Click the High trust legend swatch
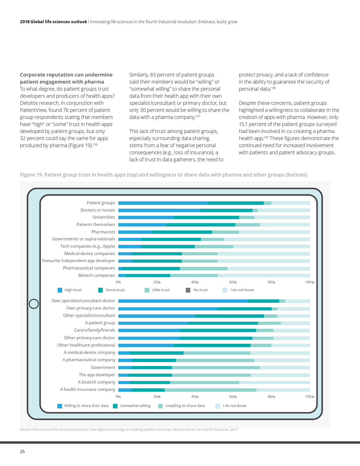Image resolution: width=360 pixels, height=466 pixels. click(60, 290)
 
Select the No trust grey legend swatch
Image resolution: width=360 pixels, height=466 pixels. click(188, 290)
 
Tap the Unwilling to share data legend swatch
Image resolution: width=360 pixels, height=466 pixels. click(160, 406)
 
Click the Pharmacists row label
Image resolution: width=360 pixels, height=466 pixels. click(103, 232)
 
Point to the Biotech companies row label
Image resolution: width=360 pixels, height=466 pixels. click(97, 275)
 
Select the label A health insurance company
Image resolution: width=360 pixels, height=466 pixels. click(88, 389)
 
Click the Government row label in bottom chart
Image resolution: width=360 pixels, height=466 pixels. click(103, 367)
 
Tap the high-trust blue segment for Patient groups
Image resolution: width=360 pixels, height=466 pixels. click(163, 203)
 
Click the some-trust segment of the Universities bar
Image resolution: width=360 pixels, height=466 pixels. click(206, 217)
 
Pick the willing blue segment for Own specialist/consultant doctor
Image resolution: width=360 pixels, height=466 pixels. click(183, 301)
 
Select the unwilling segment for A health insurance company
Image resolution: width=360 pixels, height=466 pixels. click(210, 390)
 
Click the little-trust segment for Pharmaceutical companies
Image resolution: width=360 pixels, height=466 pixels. click(204, 268)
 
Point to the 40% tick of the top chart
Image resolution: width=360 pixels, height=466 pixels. click(195, 282)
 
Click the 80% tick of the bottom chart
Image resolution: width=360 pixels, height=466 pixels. click(271, 397)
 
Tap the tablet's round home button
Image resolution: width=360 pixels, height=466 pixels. click(34, 304)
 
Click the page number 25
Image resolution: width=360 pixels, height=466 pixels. click(22, 452)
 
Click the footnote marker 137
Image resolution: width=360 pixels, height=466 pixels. click(198, 116)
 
